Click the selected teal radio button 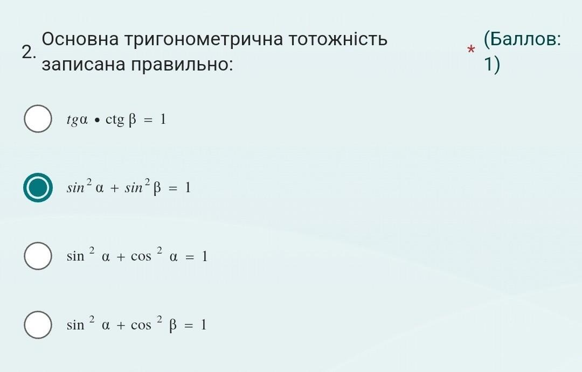point(38,187)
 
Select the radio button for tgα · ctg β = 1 point(38,118)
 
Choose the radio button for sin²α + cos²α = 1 point(38,256)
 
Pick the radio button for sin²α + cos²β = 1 point(38,325)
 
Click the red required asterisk point(470,50)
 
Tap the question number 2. point(29,52)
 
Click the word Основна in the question point(80,39)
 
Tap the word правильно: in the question point(182,65)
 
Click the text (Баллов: point(522,39)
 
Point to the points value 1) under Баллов point(492,65)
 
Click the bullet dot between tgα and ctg point(97,121)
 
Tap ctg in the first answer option point(115,120)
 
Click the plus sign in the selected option point(114,188)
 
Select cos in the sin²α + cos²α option point(141,256)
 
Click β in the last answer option point(172,325)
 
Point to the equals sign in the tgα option point(148,120)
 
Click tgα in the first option point(77,120)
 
